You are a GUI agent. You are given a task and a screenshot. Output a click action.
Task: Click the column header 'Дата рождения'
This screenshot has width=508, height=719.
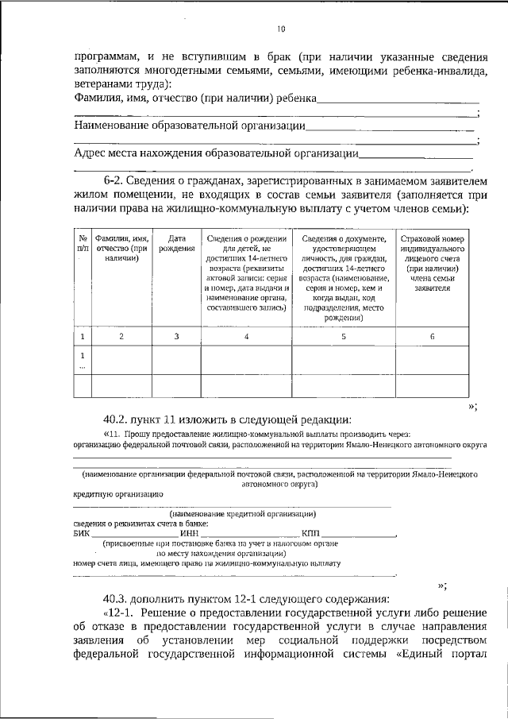tap(176, 243)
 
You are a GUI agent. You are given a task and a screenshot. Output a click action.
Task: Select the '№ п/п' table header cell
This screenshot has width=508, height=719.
tap(83, 243)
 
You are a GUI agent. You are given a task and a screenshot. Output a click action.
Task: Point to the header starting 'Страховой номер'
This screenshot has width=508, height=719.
tap(433, 263)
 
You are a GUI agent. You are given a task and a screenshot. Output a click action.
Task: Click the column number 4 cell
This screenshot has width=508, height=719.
tap(246, 337)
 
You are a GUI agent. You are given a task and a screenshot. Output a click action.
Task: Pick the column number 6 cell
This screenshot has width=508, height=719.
tap(433, 337)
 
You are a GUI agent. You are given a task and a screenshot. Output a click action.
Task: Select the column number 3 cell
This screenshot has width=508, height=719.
tap(176, 337)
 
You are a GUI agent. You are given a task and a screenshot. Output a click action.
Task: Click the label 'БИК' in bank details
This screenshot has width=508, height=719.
tap(82, 532)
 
